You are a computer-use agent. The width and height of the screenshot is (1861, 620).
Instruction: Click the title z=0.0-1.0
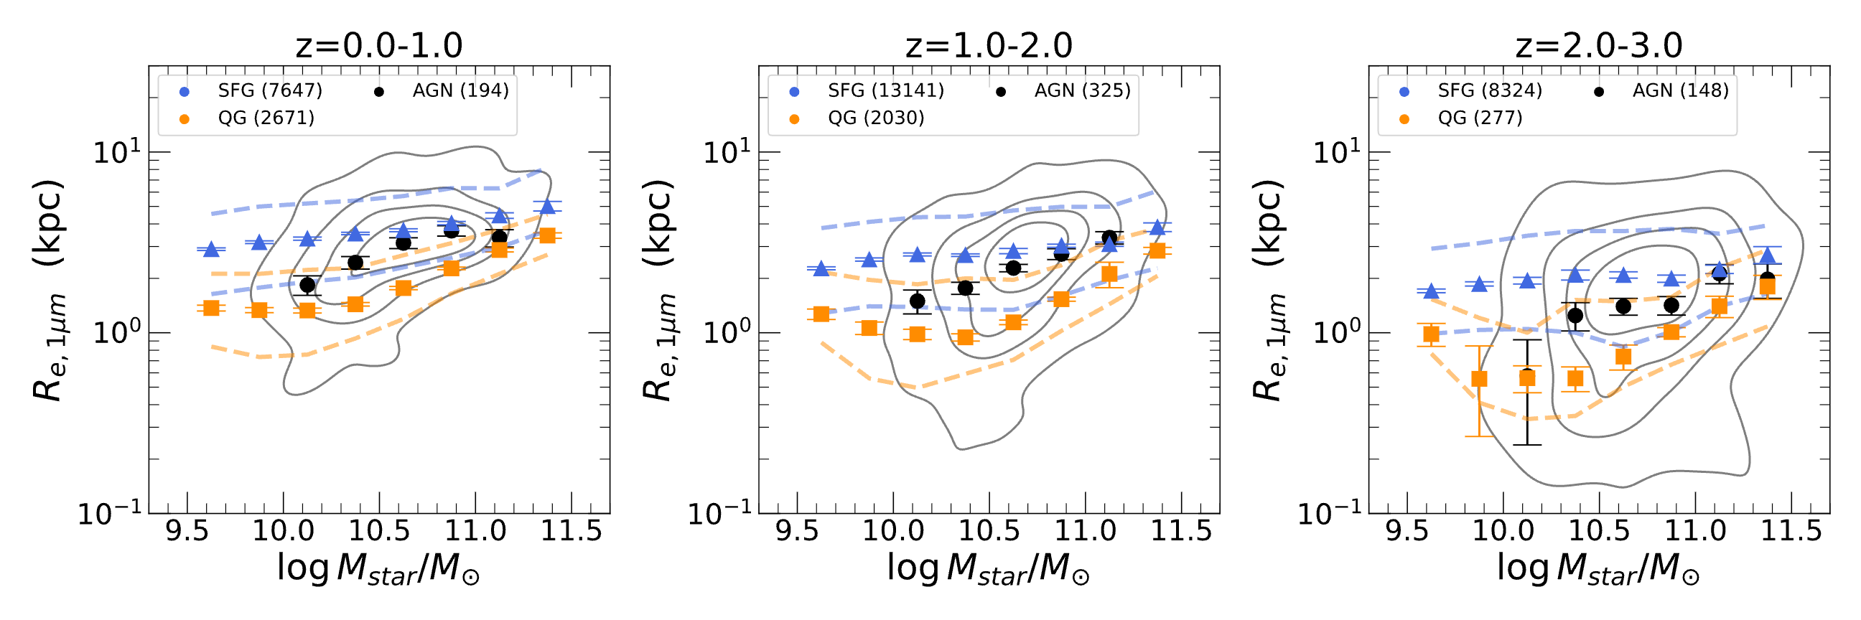(378, 45)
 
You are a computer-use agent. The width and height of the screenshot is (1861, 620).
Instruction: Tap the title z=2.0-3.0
(1598, 45)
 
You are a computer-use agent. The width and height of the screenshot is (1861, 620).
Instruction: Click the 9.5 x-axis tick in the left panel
(187, 532)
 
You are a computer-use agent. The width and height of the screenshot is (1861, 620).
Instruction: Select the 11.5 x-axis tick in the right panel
(1791, 532)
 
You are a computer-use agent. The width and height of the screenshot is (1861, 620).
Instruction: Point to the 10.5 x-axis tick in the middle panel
(989, 532)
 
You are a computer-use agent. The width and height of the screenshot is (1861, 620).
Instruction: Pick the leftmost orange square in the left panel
(211, 309)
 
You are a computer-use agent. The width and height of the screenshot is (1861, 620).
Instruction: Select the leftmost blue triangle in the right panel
(1431, 291)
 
